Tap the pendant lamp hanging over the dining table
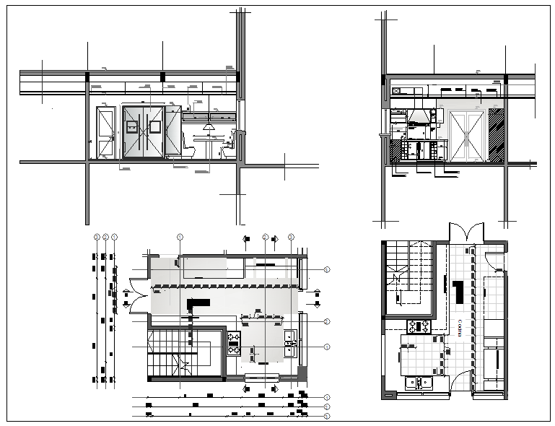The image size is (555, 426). tap(209, 128)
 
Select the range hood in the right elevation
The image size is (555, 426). tap(417, 116)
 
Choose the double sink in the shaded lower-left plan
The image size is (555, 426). tap(289, 344)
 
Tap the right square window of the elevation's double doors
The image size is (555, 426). tap(154, 127)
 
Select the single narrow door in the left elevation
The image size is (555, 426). tap(106, 133)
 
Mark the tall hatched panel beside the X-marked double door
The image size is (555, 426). tap(496, 136)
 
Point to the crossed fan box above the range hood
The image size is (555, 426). tap(396, 92)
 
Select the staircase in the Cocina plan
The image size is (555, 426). tap(408, 278)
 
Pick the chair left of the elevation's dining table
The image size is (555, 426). tap(189, 147)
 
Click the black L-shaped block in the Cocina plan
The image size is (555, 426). tap(458, 292)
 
